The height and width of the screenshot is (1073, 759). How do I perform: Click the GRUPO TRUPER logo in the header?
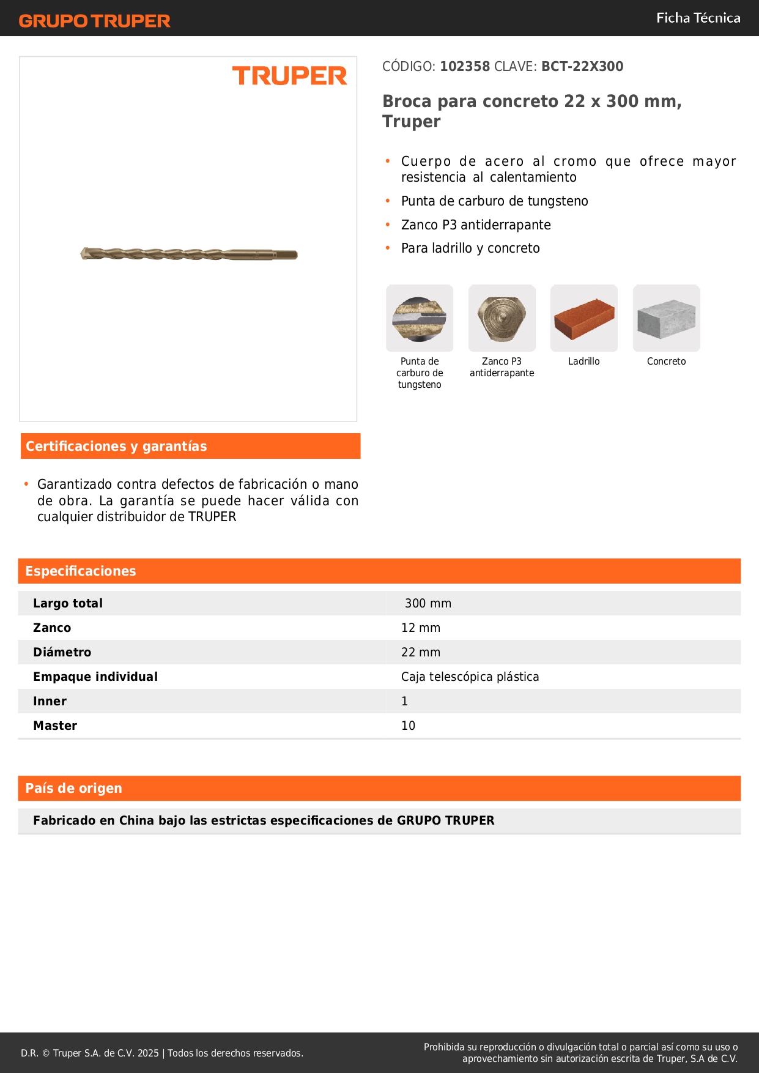click(x=95, y=21)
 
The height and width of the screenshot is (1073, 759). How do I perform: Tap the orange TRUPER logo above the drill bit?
click(x=289, y=76)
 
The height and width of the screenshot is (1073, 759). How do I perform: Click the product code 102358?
click(x=465, y=67)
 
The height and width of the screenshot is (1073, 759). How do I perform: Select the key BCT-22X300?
click(x=582, y=67)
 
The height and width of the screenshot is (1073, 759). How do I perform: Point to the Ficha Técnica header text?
click(x=698, y=18)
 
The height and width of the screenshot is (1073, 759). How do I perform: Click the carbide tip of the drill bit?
click(x=86, y=253)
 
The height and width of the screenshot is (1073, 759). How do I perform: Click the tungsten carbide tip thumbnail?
click(x=420, y=318)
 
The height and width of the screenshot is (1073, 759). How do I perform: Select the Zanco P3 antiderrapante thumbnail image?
click(x=502, y=318)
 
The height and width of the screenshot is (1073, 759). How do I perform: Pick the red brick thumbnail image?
click(x=584, y=318)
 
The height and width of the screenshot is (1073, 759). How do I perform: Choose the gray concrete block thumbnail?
click(x=666, y=318)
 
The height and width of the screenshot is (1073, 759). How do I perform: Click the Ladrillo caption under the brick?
click(x=584, y=362)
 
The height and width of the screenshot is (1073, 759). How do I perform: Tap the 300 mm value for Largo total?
click(x=428, y=603)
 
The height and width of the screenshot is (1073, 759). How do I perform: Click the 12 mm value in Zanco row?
click(x=421, y=628)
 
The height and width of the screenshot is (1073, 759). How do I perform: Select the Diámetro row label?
click(x=62, y=652)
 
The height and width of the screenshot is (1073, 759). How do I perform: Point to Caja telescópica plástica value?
click(x=470, y=677)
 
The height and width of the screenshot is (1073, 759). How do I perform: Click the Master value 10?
click(x=409, y=726)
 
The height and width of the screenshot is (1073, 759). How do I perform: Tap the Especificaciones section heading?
click(x=81, y=571)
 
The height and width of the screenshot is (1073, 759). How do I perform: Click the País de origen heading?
click(x=74, y=788)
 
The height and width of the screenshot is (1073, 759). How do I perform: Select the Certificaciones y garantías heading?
click(x=116, y=446)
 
